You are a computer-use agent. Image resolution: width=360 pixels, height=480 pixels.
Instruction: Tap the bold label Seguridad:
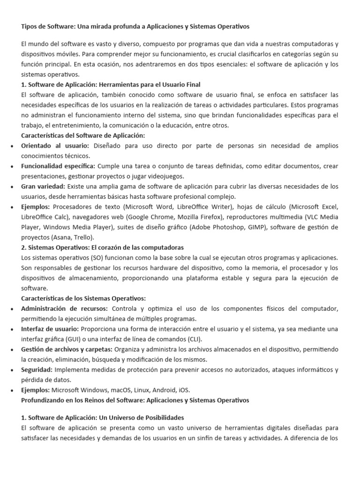(38, 370)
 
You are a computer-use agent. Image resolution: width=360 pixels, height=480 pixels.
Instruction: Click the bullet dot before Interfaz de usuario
(11, 329)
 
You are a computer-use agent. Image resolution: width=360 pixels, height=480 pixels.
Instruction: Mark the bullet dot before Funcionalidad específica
(11, 166)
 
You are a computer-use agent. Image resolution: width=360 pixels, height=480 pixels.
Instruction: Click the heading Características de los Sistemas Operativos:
(83, 298)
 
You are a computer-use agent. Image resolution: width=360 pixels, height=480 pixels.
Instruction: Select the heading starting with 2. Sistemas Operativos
(103, 247)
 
